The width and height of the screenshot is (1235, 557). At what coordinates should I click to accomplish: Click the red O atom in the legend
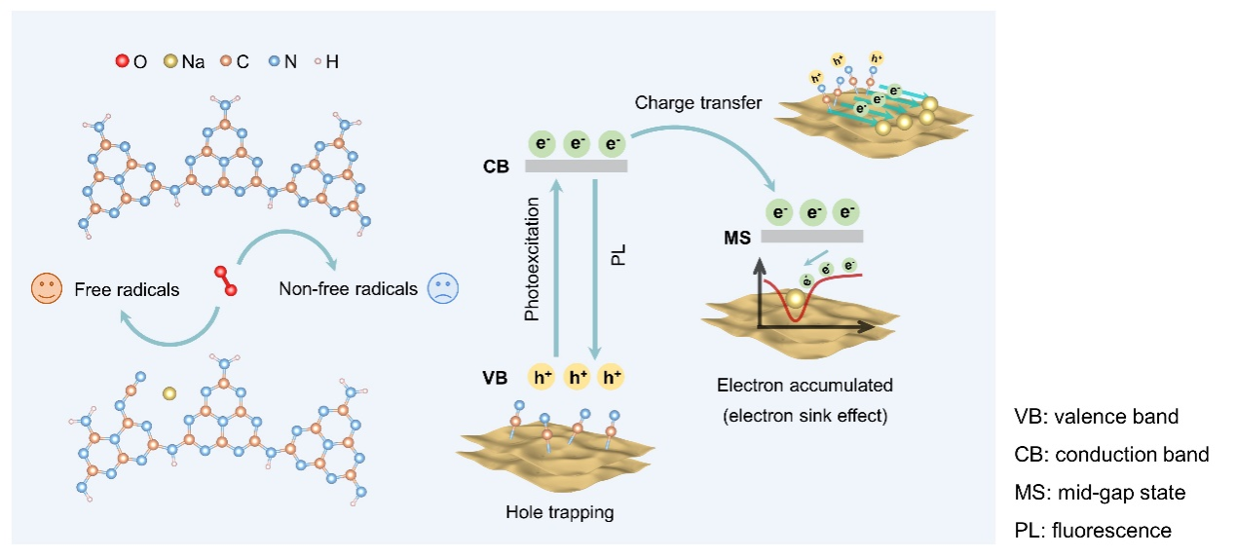click(x=123, y=62)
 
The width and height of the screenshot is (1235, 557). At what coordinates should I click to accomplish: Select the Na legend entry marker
click(x=171, y=62)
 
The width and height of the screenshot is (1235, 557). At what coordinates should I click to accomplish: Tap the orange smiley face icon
click(x=45, y=288)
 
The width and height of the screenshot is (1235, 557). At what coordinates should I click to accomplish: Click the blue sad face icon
click(x=443, y=288)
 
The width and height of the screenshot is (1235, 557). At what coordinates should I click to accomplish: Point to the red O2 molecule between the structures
click(x=226, y=279)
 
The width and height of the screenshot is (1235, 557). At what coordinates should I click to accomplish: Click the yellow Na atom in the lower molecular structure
click(x=169, y=393)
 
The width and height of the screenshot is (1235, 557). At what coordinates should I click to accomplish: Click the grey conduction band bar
click(x=576, y=166)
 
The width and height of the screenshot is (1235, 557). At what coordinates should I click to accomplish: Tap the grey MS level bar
click(x=811, y=235)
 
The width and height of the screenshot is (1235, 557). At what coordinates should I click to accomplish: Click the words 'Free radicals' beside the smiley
click(x=127, y=289)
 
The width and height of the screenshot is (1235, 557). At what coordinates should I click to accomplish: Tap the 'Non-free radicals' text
click(x=349, y=289)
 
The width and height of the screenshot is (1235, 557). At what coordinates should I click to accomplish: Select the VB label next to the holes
click(x=496, y=377)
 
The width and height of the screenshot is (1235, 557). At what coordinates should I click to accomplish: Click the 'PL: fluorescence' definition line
click(x=1092, y=531)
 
